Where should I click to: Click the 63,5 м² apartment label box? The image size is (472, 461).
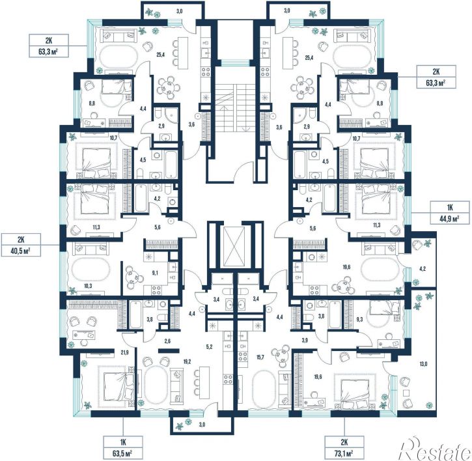tap(123, 447)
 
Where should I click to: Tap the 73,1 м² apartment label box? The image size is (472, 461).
tap(344, 447)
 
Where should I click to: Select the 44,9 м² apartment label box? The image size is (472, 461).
tap(450, 212)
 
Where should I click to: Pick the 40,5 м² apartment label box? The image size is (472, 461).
tap(21, 245)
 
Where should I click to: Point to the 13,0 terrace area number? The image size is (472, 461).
tap(424, 364)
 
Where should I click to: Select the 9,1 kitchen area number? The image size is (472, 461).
tap(155, 273)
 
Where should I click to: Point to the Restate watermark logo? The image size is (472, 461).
tap(434, 450)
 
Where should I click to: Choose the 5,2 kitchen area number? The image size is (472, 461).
tap(210, 346)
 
